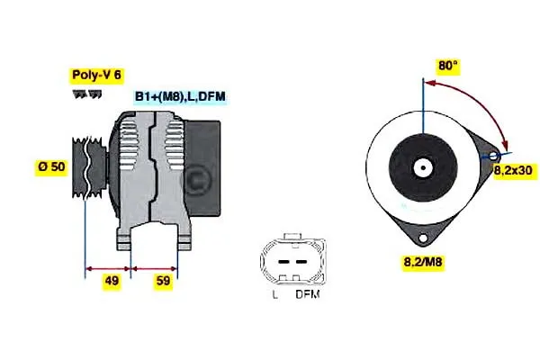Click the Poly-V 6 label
[x=97, y=75]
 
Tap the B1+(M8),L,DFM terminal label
[x=180, y=96]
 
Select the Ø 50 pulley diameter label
[x=51, y=166]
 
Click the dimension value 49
[x=112, y=281]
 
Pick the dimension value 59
[x=163, y=281]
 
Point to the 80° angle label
[x=447, y=65]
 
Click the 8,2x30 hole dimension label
[x=514, y=170]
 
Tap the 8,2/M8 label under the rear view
[x=423, y=262]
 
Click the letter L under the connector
[x=275, y=294]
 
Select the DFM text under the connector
[x=308, y=294]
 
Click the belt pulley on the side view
[x=89, y=167]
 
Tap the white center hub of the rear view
[x=423, y=168]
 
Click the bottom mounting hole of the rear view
[x=423, y=238]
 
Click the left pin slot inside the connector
[x=283, y=262]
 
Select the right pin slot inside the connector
[x=301, y=262]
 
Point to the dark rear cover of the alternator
[x=202, y=168]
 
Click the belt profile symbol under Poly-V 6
[x=87, y=94]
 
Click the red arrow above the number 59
[x=154, y=268]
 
